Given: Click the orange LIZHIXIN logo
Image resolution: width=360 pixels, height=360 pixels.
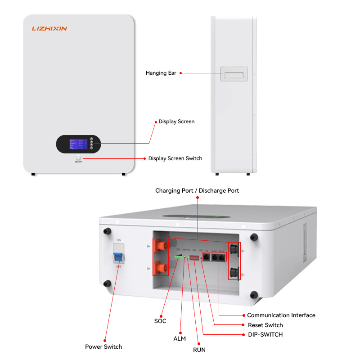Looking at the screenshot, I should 49,28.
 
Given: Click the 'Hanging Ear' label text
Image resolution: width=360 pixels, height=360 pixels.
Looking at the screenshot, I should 161,73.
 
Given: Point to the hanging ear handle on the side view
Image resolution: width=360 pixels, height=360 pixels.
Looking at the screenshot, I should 234,74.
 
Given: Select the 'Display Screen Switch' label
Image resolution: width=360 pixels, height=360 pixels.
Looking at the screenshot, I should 175,158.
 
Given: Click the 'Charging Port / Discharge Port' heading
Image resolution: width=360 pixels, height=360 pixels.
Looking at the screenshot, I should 197,191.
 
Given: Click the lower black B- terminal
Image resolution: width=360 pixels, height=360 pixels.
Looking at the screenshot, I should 234,272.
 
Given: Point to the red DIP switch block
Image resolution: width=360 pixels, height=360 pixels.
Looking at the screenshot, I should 194,258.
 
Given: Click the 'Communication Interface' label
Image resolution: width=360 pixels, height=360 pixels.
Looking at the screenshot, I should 281,315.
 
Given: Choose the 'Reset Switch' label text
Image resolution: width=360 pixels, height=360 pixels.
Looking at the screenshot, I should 265,325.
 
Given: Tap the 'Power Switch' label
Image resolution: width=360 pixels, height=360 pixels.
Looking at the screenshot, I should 103,346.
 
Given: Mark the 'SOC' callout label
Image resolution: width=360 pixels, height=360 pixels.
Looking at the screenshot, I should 160,321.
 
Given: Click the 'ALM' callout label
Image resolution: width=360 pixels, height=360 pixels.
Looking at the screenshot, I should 180,338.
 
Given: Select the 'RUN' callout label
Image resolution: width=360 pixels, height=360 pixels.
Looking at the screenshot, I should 199,349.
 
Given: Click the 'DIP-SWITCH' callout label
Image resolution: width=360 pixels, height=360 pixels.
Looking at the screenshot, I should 265,335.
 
